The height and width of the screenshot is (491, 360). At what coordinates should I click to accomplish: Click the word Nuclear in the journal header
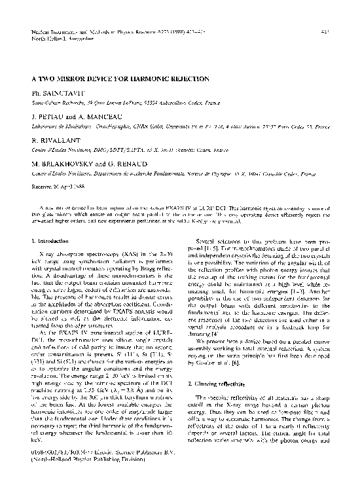point(41,31)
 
